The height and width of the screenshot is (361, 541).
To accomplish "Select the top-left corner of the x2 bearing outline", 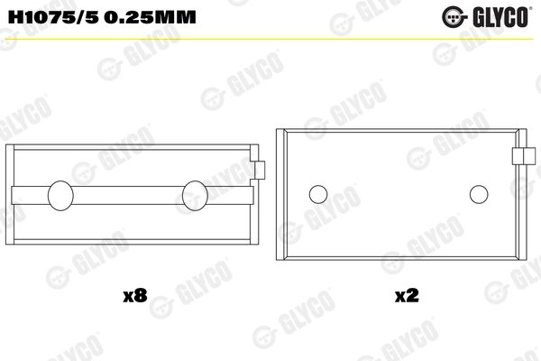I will pyautogui.click(x=278, y=129).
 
